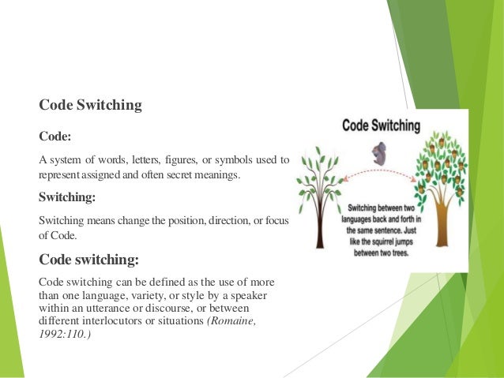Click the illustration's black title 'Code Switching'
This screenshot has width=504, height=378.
381,125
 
